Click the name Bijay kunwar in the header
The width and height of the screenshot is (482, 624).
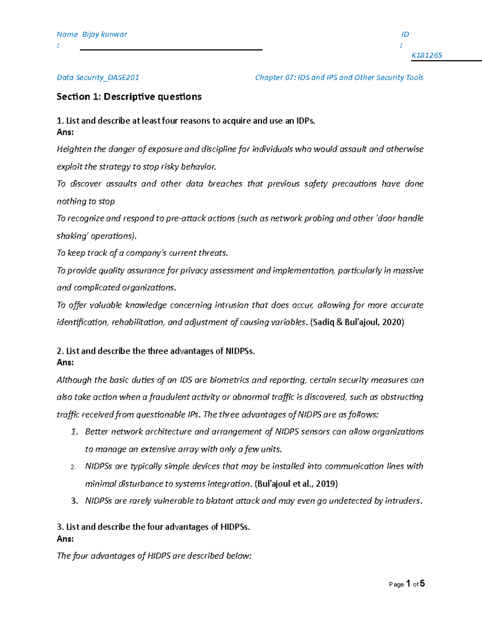click(x=104, y=35)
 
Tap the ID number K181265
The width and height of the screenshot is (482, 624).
click(x=427, y=55)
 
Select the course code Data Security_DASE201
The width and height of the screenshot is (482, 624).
click(x=98, y=78)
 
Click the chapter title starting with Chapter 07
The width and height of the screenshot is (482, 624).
click(x=339, y=78)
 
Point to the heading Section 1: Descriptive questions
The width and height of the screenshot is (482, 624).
click(x=129, y=97)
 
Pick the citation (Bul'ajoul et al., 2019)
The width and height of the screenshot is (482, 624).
click(x=296, y=484)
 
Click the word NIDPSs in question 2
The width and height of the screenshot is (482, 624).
click(x=240, y=351)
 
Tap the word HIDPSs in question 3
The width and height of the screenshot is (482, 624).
click(x=235, y=527)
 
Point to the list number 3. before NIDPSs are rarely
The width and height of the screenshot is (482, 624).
click(x=74, y=501)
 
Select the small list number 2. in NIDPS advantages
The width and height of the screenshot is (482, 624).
click(x=73, y=467)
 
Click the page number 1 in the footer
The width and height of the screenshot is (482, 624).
click(x=408, y=584)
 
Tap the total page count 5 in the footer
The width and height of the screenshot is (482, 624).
click(x=422, y=584)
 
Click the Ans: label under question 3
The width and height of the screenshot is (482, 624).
click(x=65, y=539)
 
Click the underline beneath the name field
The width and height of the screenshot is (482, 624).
click(x=171, y=50)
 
